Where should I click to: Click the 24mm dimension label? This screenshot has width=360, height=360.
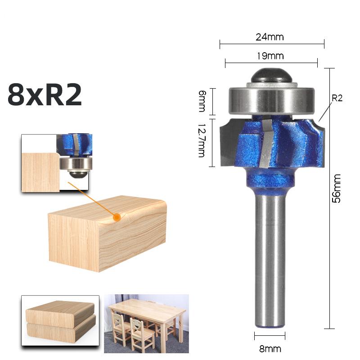270,37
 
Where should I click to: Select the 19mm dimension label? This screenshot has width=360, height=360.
270,56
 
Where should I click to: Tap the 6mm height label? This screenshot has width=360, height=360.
202,101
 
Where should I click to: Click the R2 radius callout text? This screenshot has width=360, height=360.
337,98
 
